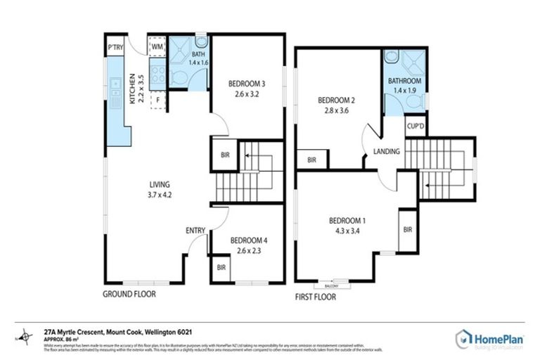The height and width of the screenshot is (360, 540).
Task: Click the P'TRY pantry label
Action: coord(115,48)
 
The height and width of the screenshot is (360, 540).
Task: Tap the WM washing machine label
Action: coord(157,48)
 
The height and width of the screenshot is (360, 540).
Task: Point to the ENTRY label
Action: coord(195,231)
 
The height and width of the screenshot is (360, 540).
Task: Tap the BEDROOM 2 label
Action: coord(335,100)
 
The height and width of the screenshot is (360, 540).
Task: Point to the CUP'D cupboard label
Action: coord(414,126)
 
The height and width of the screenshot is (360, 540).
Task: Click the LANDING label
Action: coord(387,151)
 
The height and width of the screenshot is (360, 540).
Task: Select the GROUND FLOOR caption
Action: coord(129,294)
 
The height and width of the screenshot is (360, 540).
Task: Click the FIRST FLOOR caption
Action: coord(316,297)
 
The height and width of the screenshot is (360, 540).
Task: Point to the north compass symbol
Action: coord(26,336)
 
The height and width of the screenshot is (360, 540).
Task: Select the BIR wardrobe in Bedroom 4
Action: coord(221,267)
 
